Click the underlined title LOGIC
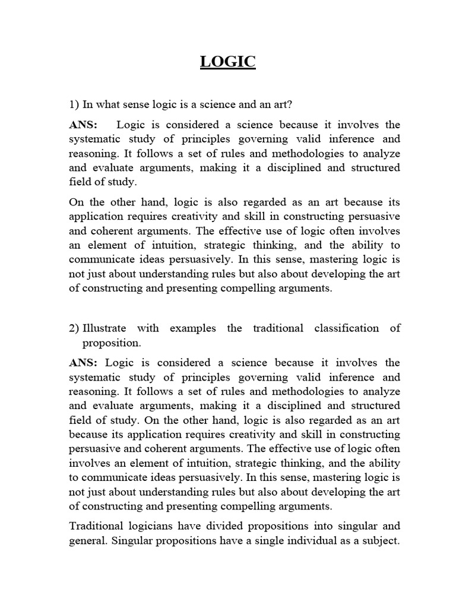click(228, 62)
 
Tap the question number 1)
click(74, 104)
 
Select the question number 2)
click(74, 328)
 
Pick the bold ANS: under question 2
click(84, 363)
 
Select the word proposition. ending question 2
click(112, 343)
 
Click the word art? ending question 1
click(282, 104)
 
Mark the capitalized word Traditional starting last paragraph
click(97, 526)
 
